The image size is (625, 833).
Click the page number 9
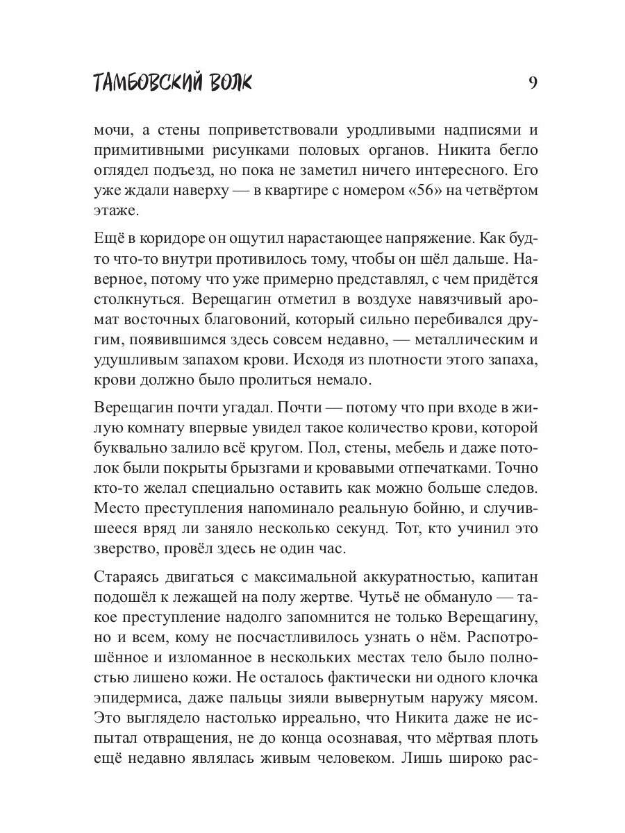(533, 83)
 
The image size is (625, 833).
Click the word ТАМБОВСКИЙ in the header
(142, 83)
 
